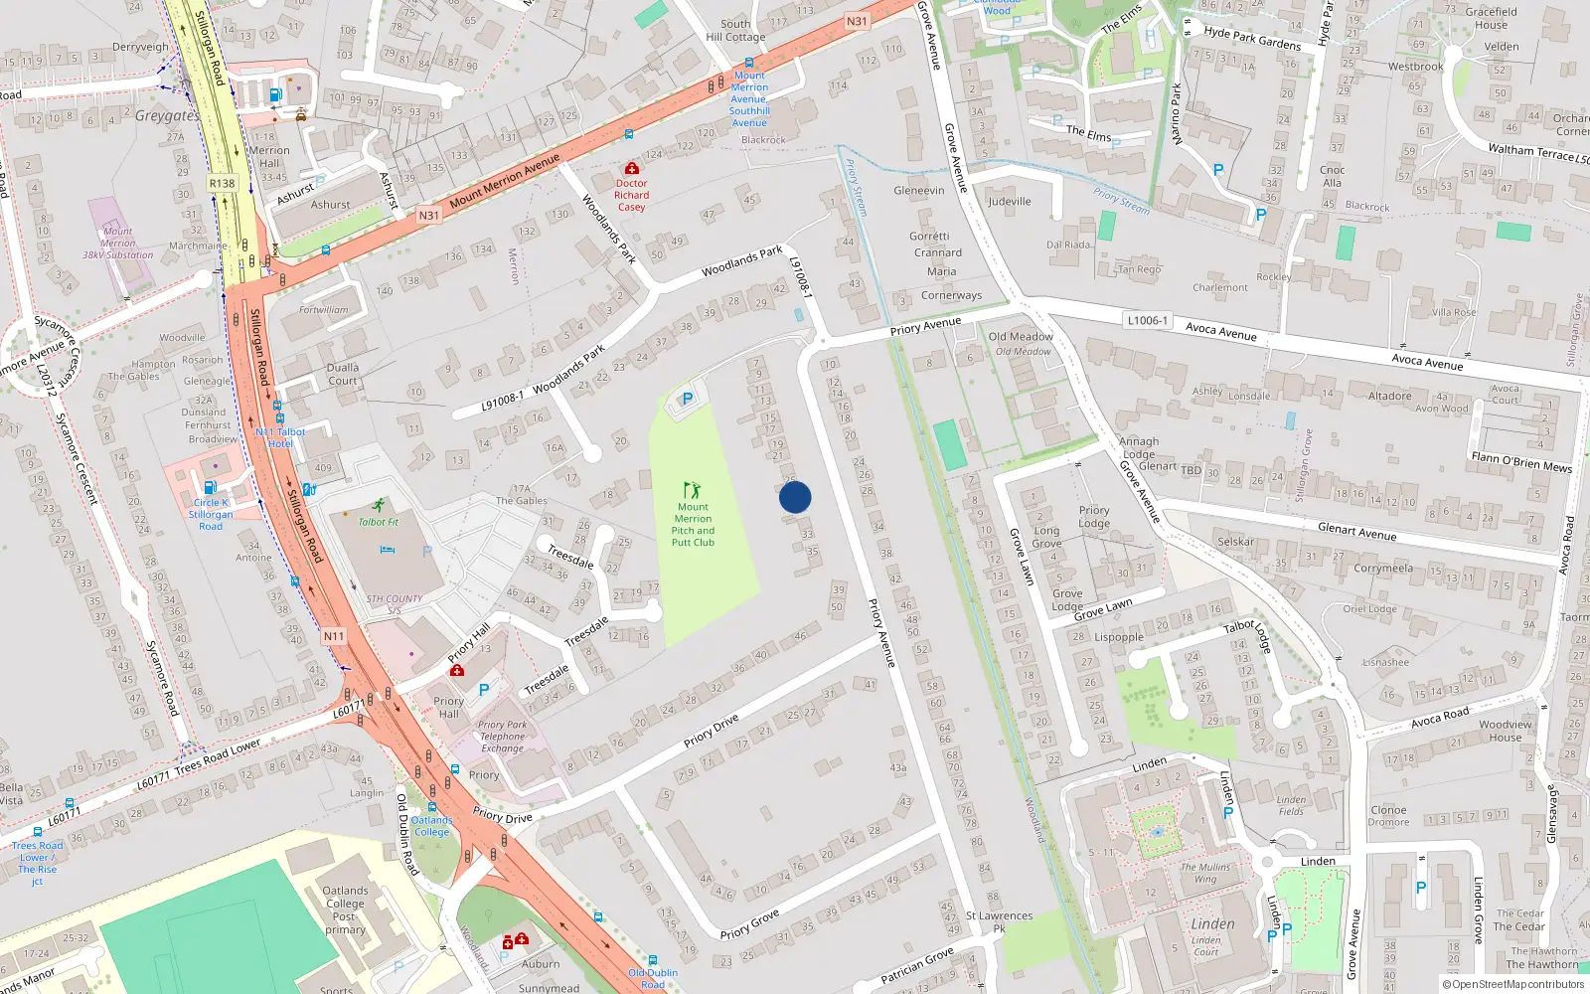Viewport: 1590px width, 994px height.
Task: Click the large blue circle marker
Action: tap(795, 497)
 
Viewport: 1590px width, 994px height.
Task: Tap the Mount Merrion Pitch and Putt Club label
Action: tap(693, 525)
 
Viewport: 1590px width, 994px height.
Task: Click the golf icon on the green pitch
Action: tap(692, 489)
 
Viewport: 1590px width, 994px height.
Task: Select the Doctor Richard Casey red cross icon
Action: tap(631, 168)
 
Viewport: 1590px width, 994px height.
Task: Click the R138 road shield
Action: tap(222, 183)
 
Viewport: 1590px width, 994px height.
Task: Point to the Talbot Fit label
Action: tap(378, 522)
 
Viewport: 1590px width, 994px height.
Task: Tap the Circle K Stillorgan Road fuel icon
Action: tap(210, 487)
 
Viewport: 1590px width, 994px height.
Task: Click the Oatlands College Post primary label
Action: tap(345, 911)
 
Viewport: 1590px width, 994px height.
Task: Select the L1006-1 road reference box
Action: tap(1147, 321)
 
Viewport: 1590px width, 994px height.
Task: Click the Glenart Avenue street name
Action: tap(1356, 532)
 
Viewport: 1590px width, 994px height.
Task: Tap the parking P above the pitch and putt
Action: tap(687, 399)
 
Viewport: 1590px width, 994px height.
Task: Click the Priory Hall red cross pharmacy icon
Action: tap(457, 670)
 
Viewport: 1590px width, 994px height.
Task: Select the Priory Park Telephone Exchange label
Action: tap(503, 737)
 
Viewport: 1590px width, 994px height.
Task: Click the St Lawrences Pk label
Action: tap(999, 922)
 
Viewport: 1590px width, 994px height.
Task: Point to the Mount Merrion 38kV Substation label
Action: tap(117, 243)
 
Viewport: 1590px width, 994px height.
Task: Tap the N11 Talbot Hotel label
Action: tap(280, 437)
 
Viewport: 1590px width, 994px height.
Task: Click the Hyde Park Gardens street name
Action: tap(1252, 38)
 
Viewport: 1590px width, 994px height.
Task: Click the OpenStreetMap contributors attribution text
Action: tap(1511, 984)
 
